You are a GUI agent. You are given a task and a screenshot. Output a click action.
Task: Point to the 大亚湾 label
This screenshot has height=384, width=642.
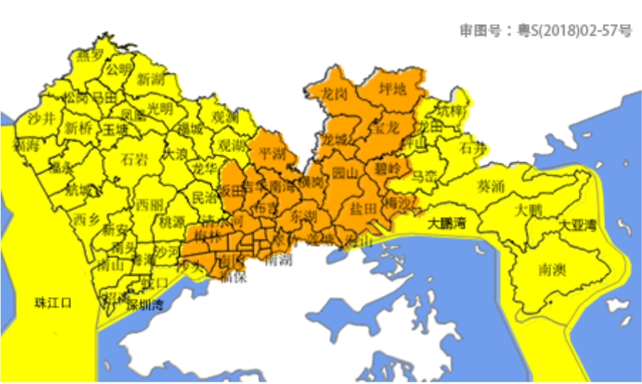578,225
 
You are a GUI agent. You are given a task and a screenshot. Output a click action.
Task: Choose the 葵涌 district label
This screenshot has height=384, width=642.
490,187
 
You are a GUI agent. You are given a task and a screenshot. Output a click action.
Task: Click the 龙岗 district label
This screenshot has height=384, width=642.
334,93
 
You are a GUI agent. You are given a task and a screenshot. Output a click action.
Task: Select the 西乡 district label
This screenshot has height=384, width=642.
87,219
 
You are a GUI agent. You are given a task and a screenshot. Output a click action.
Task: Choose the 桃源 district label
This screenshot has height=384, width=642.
171,223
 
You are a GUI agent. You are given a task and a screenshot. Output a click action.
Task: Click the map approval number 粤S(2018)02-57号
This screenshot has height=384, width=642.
545,30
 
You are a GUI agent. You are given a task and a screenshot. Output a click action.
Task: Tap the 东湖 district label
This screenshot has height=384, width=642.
304,215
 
